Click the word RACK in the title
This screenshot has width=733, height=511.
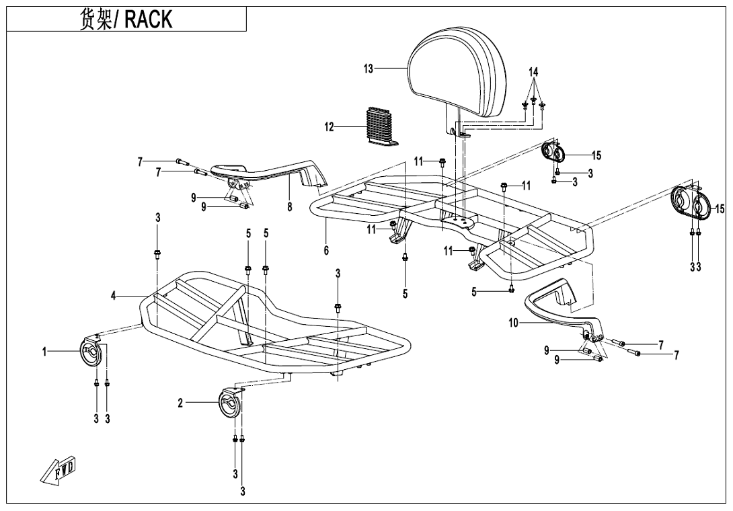point(148,19)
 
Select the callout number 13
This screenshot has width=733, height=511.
point(369,69)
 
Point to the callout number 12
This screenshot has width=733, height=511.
point(330,127)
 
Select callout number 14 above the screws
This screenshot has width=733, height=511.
point(533,72)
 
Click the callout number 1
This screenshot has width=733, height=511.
point(45,351)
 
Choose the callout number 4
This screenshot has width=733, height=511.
point(114,295)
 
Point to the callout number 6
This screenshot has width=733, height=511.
point(326,250)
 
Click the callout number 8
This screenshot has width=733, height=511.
point(290,207)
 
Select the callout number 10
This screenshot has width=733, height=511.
point(514,323)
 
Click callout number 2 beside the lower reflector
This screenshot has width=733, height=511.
point(180,403)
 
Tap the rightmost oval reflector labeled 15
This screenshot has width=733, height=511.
point(691,202)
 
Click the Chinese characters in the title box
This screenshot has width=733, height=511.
point(98,19)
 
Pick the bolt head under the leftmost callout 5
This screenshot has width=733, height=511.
point(248,270)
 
